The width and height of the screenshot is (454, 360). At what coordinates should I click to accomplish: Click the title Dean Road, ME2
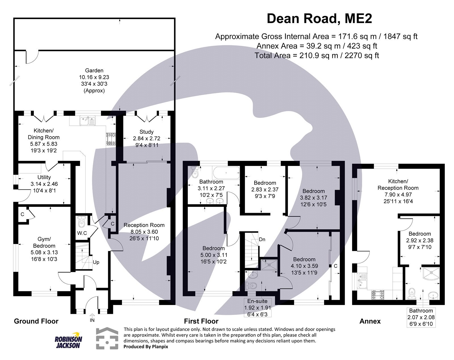(x=319, y=19)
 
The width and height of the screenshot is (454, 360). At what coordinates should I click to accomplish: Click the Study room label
(x=146, y=132)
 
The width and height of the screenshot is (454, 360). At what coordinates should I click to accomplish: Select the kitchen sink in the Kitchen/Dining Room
(x=88, y=121)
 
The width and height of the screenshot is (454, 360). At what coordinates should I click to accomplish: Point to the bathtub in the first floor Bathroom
(x=226, y=173)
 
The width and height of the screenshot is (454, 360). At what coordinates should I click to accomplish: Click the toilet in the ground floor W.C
(x=82, y=223)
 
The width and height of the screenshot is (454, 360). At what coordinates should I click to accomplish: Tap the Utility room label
(x=44, y=177)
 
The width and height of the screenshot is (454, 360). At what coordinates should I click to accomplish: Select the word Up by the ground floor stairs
(x=96, y=262)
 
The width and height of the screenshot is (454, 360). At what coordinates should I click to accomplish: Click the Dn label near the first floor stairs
(x=262, y=239)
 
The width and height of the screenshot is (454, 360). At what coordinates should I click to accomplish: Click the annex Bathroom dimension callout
(x=421, y=317)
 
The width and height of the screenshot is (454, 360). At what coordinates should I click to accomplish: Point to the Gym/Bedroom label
(x=44, y=242)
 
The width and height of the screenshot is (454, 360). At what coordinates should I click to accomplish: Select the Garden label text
(x=94, y=70)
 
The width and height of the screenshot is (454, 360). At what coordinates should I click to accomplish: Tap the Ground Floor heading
(x=36, y=321)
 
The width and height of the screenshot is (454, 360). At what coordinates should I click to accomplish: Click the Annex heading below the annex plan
(x=370, y=321)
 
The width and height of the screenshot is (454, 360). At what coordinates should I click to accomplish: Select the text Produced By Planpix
(x=146, y=347)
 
